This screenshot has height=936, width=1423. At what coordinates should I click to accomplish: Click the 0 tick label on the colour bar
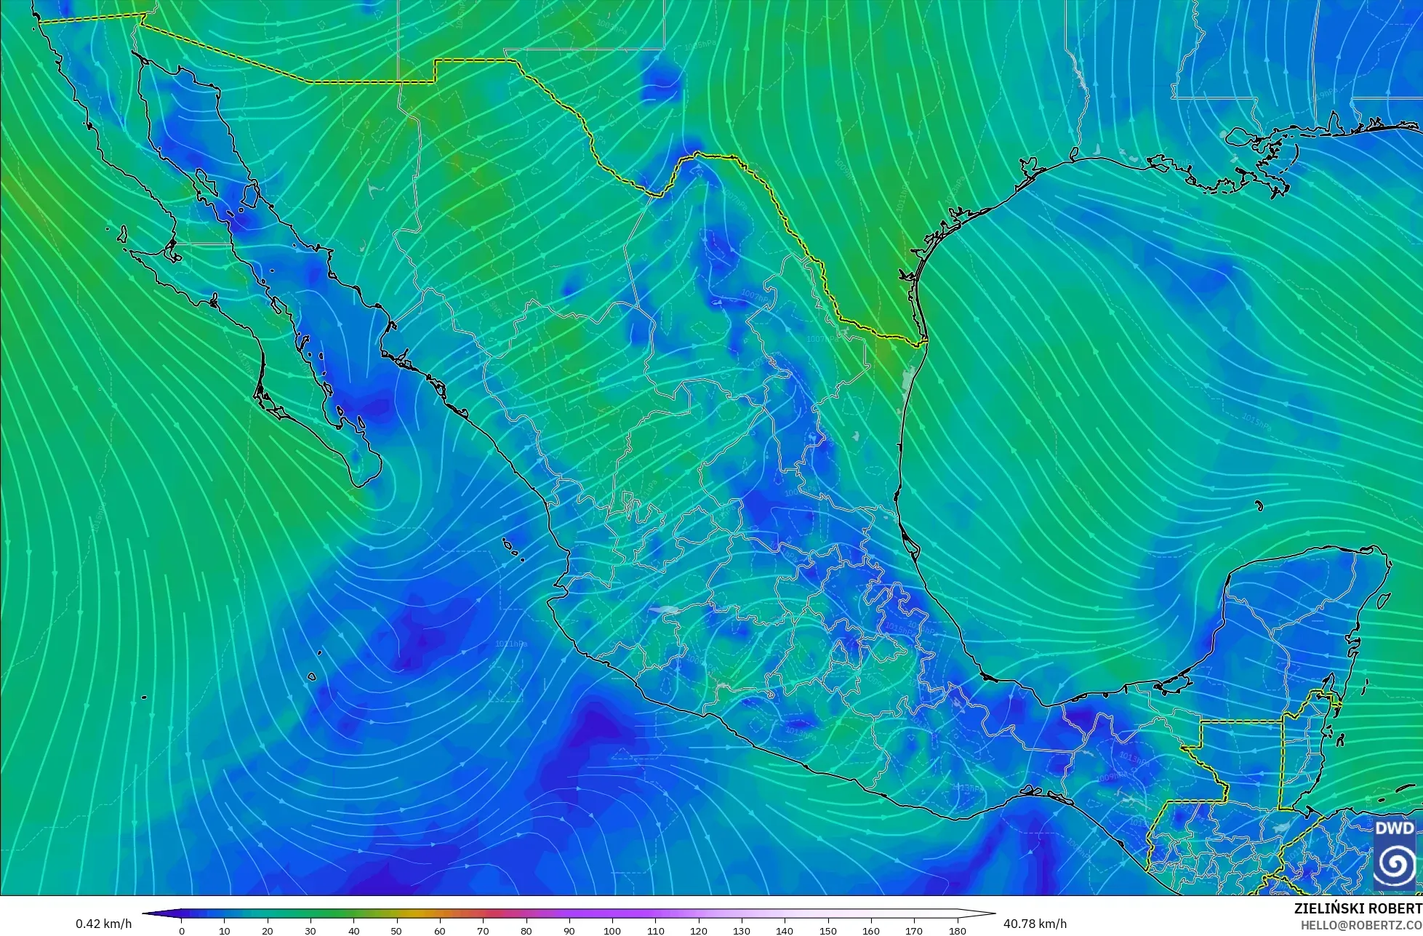pyautogui.click(x=182, y=930)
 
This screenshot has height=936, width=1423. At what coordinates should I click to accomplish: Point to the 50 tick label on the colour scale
pyautogui.click(x=397, y=930)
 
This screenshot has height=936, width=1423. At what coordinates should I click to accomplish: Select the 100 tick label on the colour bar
pyautogui.click(x=612, y=930)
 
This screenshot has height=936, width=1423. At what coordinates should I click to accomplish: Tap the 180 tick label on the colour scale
pyautogui.click(x=958, y=930)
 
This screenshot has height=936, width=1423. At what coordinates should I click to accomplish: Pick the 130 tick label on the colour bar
pyautogui.click(x=742, y=930)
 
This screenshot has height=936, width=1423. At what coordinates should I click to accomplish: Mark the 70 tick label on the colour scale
pyautogui.click(x=484, y=930)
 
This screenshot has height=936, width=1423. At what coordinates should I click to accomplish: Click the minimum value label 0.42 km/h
pyautogui.click(x=103, y=924)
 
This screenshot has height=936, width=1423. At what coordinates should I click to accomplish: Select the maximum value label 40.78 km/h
pyautogui.click(x=1035, y=924)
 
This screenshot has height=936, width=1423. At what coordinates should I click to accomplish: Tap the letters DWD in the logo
pyautogui.click(x=1395, y=828)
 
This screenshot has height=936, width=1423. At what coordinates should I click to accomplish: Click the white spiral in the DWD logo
pyautogui.click(x=1395, y=864)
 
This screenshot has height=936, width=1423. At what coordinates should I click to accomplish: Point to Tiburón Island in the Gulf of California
pyautogui.click(x=252, y=194)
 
